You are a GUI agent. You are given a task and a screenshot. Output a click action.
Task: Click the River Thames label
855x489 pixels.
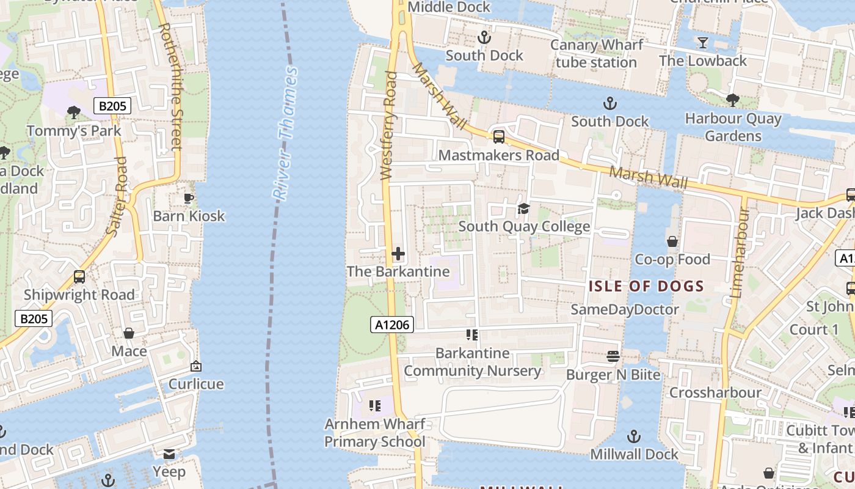[285, 133]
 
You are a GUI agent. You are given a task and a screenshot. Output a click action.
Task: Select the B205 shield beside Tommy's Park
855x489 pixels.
[112, 106]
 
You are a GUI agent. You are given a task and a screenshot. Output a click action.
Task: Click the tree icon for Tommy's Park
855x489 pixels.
[74, 112]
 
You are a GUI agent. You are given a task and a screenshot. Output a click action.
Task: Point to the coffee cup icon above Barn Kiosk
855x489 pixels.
[189, 198]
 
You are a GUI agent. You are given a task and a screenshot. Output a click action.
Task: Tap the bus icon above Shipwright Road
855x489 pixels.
[79, 276]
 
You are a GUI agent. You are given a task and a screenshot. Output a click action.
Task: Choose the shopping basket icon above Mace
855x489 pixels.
[129, 333]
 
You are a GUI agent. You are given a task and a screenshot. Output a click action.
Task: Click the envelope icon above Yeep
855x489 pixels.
[169, 454]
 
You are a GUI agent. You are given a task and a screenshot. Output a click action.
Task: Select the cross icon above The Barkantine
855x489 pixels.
[398, 253]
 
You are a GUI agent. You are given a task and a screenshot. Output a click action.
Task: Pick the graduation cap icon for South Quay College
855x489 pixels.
[523, 209]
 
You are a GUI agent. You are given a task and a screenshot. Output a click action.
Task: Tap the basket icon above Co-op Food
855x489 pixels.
[672, 241]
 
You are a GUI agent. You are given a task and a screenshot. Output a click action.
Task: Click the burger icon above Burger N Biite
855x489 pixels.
[613, 356]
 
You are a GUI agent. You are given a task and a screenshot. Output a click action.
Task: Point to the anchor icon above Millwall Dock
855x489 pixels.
[634, 436]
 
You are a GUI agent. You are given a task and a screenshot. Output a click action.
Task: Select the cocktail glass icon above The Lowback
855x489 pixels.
[703, 43]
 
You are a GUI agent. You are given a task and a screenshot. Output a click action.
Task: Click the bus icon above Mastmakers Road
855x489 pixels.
[499, 137]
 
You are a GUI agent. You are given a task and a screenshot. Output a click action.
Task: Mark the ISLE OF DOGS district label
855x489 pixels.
[647, 285]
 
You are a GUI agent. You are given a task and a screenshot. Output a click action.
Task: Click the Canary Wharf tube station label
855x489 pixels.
[597, 54]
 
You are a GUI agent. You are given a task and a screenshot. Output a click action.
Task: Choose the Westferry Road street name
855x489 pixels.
[389, 126]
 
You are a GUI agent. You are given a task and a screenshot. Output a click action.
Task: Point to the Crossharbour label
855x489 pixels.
[715, 392]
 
